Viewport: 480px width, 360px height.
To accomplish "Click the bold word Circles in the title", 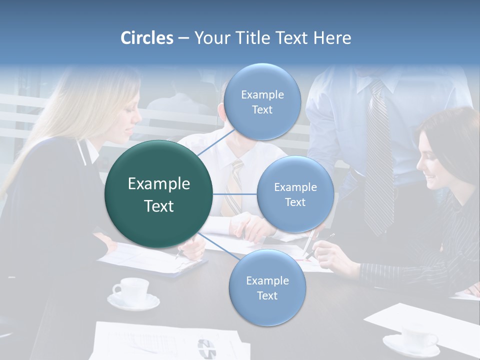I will [146, 38].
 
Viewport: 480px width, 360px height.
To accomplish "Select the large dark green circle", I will [158, 194].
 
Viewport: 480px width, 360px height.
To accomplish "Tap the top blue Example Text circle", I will [261, 101].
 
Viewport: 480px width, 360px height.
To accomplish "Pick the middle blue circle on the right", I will [295, 194].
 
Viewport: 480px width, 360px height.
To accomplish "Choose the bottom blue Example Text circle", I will [267, 287].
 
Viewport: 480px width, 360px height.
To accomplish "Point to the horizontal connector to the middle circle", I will [235, 194].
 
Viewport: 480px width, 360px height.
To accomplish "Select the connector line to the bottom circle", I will [215, 245].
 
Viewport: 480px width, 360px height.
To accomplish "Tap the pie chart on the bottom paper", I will [206, 348].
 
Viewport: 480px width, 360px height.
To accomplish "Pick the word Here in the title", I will [332, 38].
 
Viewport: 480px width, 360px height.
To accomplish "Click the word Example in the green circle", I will [158, 183].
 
